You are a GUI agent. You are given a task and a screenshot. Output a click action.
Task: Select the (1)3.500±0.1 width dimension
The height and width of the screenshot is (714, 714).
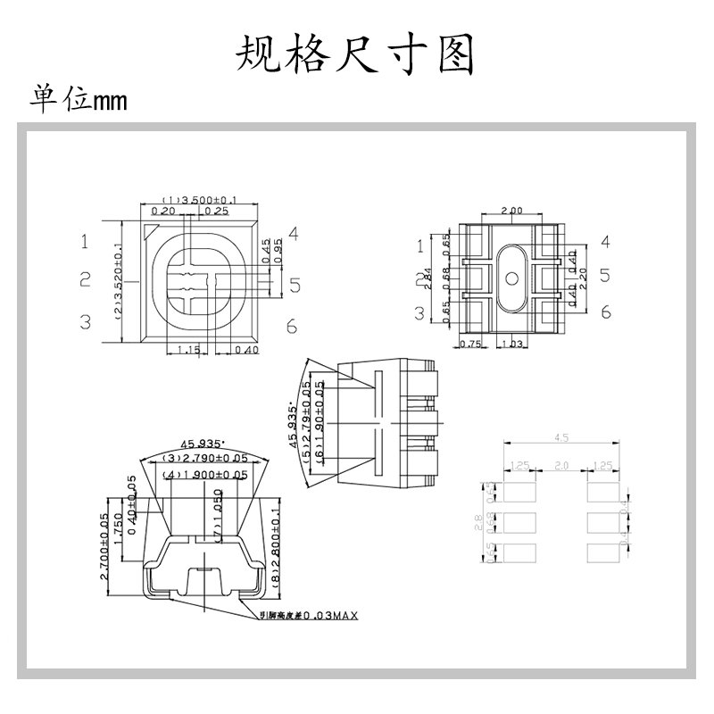[199, 200]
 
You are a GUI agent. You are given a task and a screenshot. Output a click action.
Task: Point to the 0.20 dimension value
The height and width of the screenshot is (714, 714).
[162, 212]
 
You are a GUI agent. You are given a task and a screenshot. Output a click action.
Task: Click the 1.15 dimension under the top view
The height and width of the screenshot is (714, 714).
[188, 350]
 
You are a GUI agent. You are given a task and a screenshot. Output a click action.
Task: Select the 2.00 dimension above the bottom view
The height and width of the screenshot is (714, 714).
[511, 211]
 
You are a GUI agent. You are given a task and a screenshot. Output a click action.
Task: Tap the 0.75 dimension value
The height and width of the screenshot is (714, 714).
[469, 344]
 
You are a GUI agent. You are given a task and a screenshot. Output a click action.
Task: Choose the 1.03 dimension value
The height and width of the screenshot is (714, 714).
[511, 344]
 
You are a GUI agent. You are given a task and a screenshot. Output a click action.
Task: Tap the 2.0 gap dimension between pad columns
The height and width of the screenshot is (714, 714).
[561, 466]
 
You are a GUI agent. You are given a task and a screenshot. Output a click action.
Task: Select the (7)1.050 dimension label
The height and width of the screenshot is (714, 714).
[217, 519]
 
